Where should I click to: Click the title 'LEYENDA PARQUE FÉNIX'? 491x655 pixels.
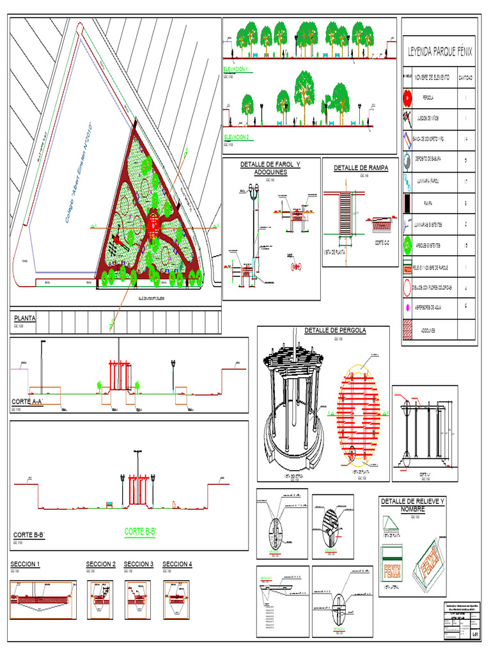[439, 52]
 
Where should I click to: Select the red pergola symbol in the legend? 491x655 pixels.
[407, 98]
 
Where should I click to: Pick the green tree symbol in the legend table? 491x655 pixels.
[407, 245]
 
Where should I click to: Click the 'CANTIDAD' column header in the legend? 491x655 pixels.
[465, 77]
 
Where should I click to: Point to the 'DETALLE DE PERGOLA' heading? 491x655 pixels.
[335, 331]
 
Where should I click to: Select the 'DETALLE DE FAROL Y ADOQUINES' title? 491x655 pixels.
[270, 168]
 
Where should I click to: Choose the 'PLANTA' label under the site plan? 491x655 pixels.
[25, 318]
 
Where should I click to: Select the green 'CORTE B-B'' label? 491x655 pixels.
[140, 532]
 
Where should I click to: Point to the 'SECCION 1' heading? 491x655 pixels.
[25, 564]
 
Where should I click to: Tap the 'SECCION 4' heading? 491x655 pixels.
[177, 564]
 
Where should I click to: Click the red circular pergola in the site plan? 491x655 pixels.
[153, 223]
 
